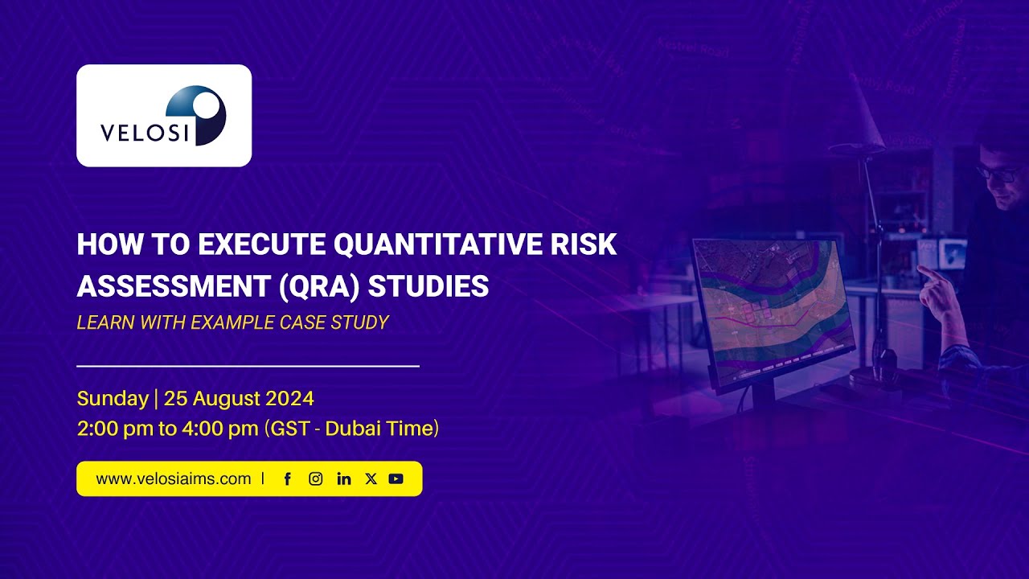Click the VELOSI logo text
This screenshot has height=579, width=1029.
(144, 132)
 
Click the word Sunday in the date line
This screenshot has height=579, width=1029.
(113, 398)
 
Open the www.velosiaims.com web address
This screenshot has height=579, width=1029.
(174, 478)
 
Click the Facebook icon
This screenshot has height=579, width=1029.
(288, 478)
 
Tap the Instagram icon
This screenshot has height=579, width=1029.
(316, 478)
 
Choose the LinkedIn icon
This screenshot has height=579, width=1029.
(344, 478)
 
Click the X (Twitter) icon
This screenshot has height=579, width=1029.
(371, 478)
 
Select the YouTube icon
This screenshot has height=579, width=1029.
(396, 478)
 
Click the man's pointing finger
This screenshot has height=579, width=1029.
(924, 273)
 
